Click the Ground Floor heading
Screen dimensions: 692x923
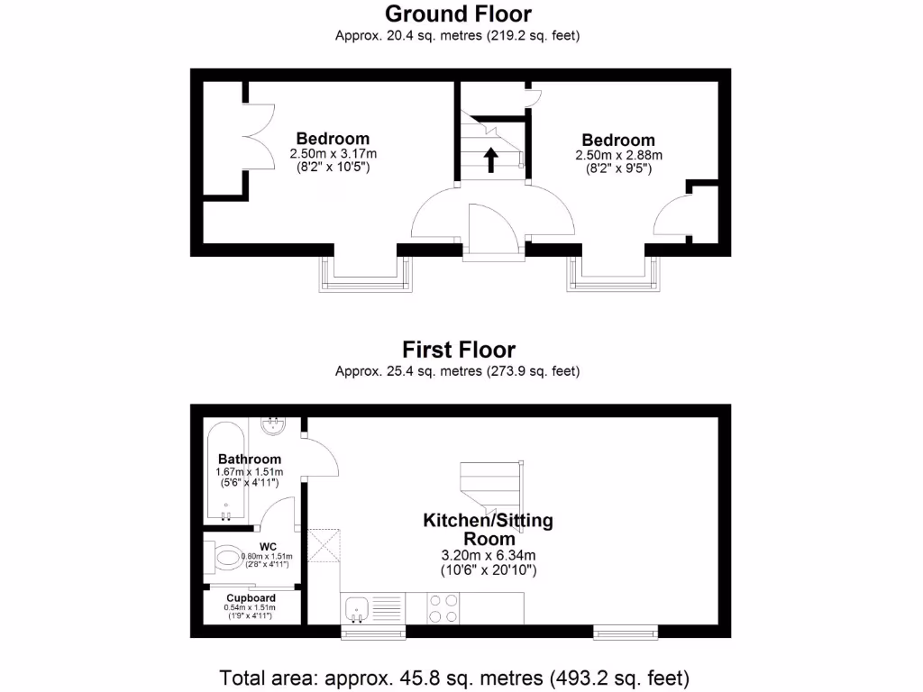[x=458, y=14]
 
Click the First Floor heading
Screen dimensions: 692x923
[x=458, y=349]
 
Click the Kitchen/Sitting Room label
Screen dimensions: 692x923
[x=488, y=529]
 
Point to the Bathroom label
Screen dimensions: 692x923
[x=250, y=459]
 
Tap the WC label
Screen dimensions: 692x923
[x=268, y=547]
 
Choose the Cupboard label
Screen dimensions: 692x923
[x=251, y=597]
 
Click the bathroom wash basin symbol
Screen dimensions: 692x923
[x=273, y=424]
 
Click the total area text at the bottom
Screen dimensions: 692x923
[x=455, y=677]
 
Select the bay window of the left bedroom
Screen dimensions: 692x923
[x=364, y=275]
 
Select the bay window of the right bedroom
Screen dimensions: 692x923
[x=613, y=275]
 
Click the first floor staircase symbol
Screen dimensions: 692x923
[x=491, y=487]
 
